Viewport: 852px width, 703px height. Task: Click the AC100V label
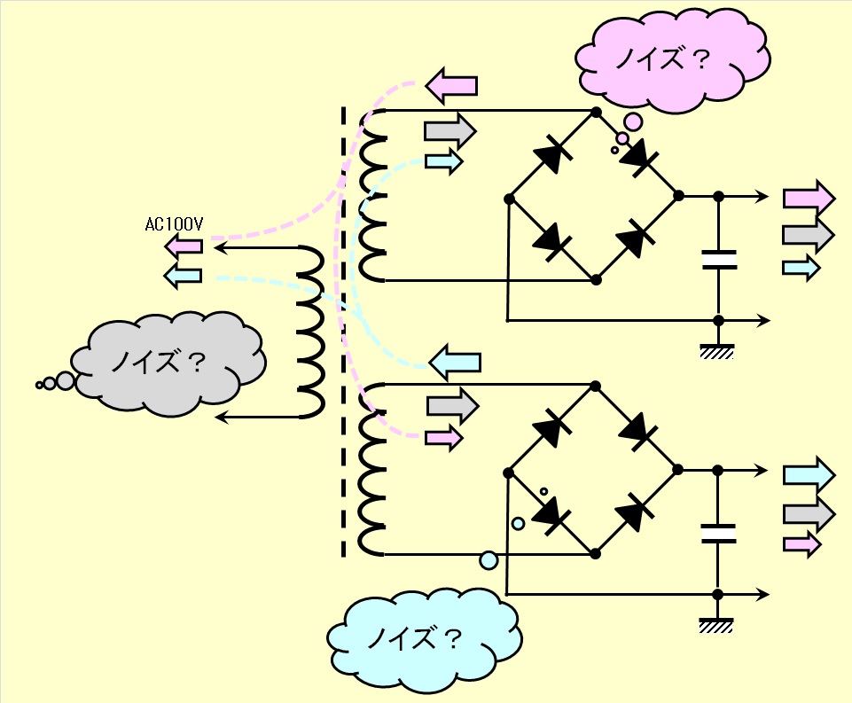pos(174,224)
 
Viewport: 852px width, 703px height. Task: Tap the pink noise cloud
pos(673,59)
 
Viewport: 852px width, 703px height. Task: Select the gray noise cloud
pos(168,363)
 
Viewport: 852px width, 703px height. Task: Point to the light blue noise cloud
pos(425,639)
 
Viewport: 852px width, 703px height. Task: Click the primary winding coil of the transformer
pos(311,332)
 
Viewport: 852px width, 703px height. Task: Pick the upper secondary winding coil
pos(372,196)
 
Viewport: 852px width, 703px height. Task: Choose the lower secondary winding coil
pos(372,469)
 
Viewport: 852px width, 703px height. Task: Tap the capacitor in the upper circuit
pos(719,260)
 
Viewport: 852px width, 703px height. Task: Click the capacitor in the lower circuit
pos(718,534)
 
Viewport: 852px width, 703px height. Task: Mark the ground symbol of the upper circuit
pos(717,351)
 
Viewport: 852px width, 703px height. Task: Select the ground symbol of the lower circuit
pos(716,625)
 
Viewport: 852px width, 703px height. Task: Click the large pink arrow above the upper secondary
pos(451,85)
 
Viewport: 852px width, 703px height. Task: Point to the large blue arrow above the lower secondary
pos(456,362)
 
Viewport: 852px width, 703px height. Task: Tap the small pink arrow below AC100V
pos(184,246)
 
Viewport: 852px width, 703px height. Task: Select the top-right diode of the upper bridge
pos(639,156)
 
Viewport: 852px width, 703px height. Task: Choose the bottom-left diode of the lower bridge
pos(552,513)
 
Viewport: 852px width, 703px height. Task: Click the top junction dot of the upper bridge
pos(596,112)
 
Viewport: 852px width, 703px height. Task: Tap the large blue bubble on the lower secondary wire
pos(489,560)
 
